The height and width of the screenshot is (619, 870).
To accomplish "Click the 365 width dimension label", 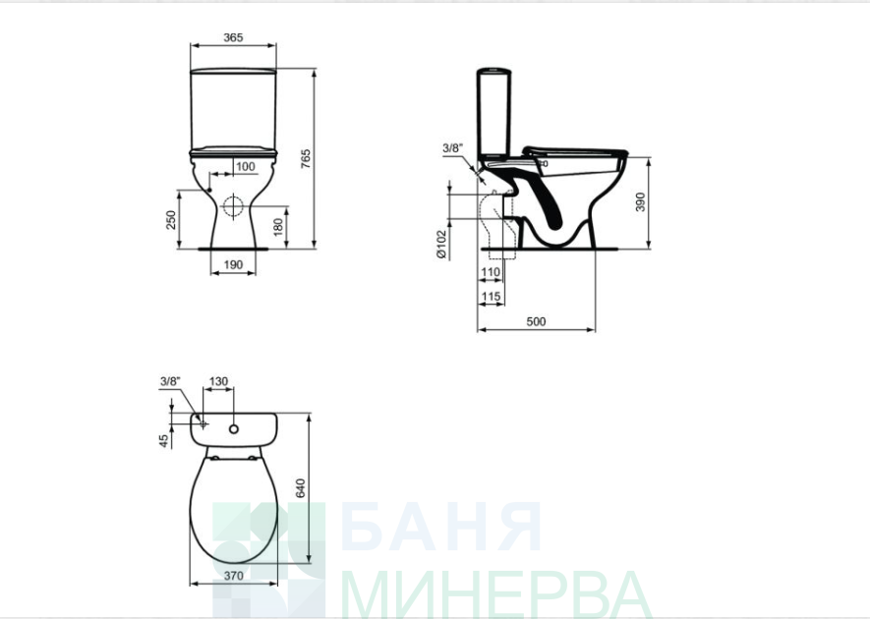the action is (233, 37).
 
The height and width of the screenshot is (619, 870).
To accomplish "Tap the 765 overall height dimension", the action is (306, 159).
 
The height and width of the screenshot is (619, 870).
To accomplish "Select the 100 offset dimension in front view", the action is (245, 166).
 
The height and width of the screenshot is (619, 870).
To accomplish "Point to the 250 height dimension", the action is (171, 220).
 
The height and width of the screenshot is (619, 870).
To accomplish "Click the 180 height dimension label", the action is (278, 226).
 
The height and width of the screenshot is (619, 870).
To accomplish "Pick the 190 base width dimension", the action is (233, 264).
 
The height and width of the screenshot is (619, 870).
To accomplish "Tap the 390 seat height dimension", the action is (640, 201).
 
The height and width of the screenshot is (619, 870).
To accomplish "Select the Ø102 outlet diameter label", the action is (441, 244).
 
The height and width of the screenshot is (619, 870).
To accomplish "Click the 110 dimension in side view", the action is (491, 272).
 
